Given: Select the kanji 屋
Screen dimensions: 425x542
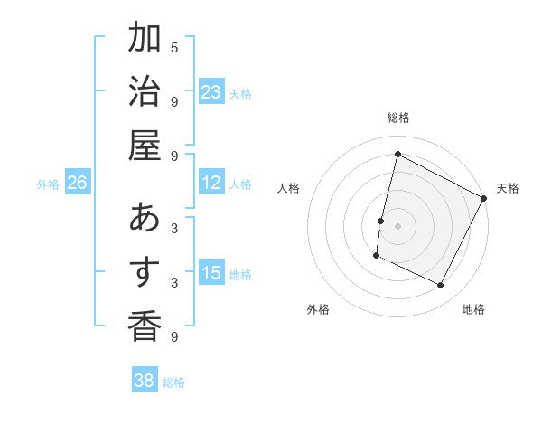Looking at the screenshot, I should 145,145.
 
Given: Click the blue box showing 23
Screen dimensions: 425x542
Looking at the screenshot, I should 211,91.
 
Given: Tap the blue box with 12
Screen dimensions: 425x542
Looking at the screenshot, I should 211,184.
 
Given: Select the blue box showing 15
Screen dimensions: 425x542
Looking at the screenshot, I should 211,273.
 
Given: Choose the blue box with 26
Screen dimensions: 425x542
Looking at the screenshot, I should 77,184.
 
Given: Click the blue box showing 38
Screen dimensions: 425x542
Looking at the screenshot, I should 144,381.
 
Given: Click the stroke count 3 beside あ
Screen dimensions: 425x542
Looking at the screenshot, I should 174,229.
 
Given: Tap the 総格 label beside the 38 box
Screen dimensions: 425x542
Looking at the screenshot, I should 173,382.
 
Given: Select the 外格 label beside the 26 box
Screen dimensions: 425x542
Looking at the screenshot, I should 48,184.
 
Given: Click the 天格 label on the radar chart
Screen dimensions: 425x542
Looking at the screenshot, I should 508,188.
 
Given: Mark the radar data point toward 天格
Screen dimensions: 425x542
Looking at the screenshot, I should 484,198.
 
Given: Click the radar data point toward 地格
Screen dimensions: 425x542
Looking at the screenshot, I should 440,286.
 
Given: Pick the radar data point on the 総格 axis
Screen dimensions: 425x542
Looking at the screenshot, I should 397,155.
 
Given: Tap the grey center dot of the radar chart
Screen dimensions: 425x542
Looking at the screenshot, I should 397,224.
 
